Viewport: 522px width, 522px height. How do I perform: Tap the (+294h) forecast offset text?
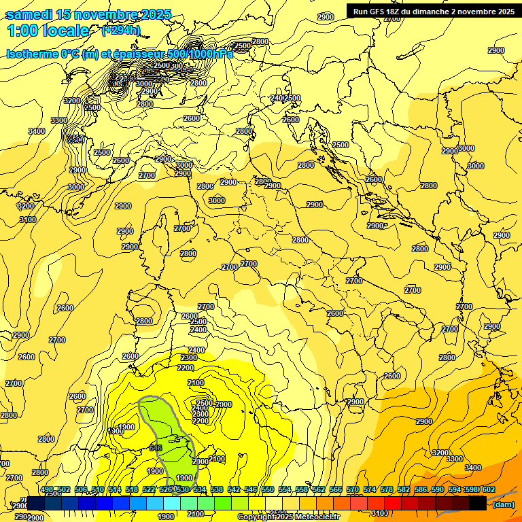(120, 30)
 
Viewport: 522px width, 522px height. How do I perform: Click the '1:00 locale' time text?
(48, 31)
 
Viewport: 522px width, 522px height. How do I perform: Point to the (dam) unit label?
(503, 504)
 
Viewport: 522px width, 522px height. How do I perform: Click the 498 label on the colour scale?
(47, 489)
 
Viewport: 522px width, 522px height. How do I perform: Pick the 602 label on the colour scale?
(488, 489)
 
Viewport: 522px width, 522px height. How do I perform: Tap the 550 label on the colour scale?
(267, 489)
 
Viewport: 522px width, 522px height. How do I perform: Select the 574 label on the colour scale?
(369, 489)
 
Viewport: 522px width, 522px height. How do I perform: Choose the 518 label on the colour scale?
(132, 489)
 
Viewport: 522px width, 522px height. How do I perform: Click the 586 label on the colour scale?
(420, 489)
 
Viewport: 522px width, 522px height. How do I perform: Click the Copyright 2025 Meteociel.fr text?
(289, 517)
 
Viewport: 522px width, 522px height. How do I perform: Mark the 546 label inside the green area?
(155, 448)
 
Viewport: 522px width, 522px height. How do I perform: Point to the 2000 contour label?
(224, 404)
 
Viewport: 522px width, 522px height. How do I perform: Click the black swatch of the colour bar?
(478, 503)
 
